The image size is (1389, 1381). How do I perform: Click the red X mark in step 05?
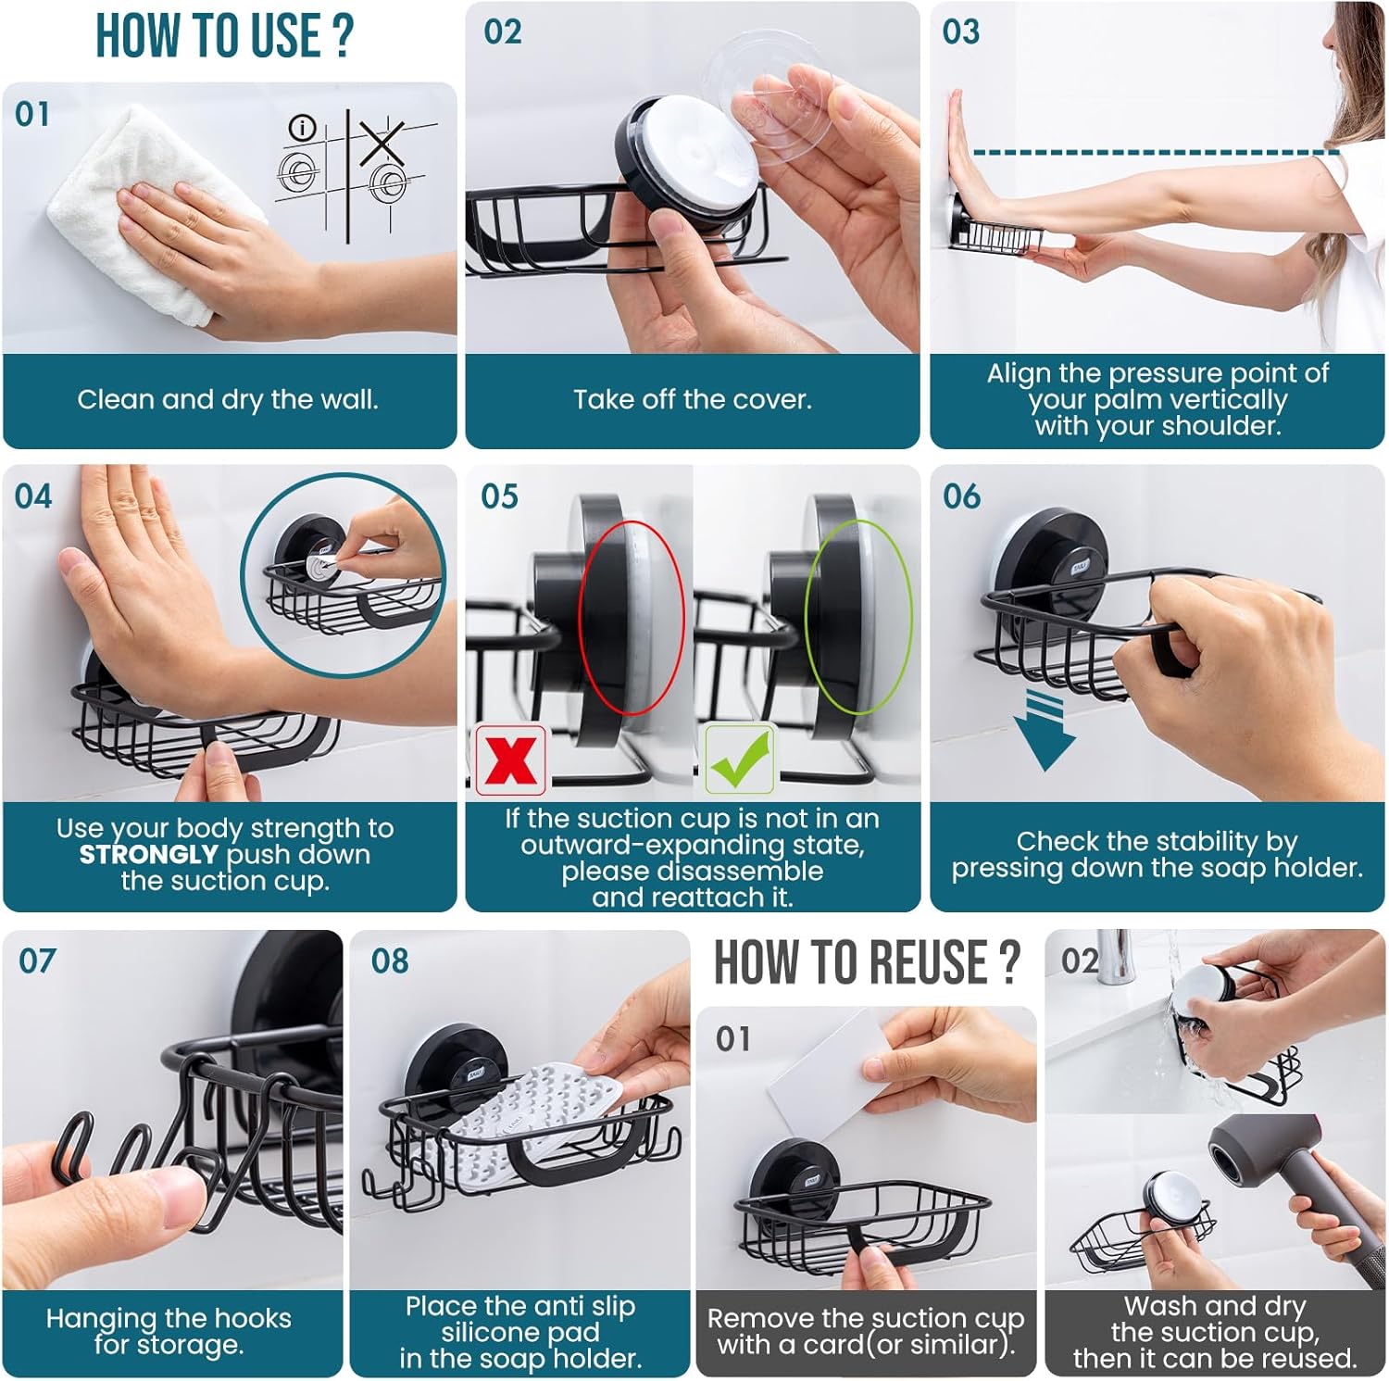(511, 760)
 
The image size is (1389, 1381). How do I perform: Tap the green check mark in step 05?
(741, 760)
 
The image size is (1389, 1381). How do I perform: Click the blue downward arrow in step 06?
(1045, 731)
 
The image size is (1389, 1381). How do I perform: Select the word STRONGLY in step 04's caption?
(149, 854)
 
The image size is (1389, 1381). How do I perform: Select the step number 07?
(37, 960)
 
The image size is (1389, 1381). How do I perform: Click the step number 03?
(961, 32)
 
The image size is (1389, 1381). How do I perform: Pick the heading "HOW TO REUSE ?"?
(867, 961)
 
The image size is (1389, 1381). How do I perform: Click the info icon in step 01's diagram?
(303, 128)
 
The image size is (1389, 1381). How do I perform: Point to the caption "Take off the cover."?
(693, 400)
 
